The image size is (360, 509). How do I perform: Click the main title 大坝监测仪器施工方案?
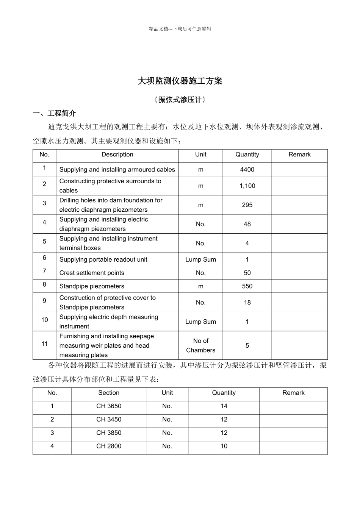(180, 81)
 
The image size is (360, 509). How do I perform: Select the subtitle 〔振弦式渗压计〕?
(180, 100)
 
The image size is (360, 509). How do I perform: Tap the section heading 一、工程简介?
(55, 113)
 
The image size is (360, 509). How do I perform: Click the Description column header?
(117, 155)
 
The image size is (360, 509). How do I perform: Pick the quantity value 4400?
(247, 170)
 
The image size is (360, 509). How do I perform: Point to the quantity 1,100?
(247, 186)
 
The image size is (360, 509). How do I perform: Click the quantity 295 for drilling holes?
(247, 205)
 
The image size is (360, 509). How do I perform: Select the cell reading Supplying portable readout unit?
(103, 259)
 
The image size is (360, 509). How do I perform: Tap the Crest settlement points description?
(92, 273)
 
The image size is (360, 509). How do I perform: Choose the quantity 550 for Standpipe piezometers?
(247, 286)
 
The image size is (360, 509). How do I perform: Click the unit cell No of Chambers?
(200, 345)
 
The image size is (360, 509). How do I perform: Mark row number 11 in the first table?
(44, 344)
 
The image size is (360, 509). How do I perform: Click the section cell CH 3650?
(109, 406)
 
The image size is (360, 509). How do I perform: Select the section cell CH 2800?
(109, 446)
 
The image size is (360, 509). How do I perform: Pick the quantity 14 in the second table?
(224, 406)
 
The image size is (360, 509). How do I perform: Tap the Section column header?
(109, 393)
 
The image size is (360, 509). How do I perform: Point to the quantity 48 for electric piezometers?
(247, 224)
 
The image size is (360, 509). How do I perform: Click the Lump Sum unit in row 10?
(200, 322)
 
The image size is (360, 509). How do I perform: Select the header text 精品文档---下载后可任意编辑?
(180, 29)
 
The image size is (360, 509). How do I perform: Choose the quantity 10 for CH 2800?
(224, 446)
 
